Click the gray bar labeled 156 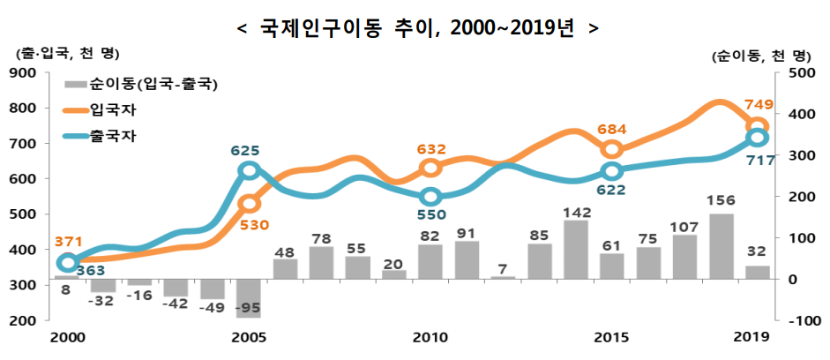coord(722,246)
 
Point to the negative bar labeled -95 coord(249,298)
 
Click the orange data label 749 coord(759,105)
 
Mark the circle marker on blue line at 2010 coord(430,197)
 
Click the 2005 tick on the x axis coord(249,337)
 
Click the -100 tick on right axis coord(799,321)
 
